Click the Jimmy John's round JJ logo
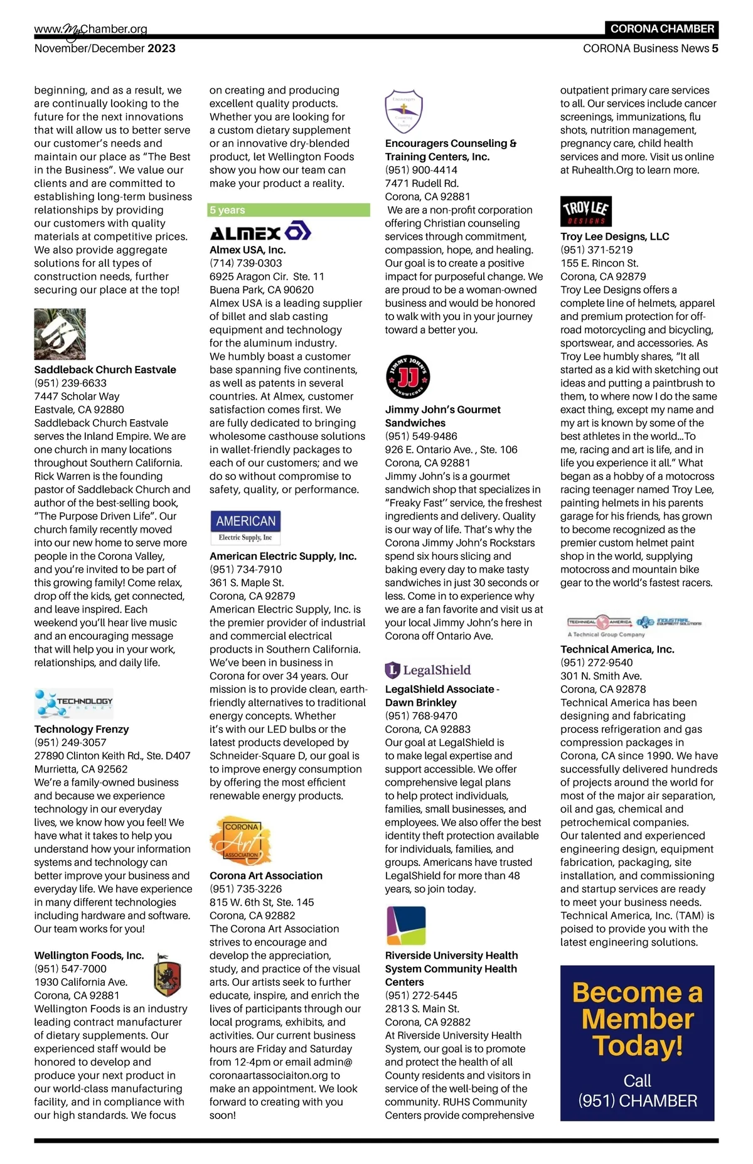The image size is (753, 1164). click(407, 377)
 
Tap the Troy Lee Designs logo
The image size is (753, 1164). click(585, 211)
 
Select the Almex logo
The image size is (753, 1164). click(260, 232)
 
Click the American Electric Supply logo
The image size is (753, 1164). click(245, 527)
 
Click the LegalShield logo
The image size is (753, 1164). click(427, 670)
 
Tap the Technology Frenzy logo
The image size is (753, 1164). click(74, 703)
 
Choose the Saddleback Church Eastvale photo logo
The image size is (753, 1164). click(60, 334)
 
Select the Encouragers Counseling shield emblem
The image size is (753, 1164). click(403, 111)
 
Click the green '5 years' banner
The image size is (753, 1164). click(289, 210)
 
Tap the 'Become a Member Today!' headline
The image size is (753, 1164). click(637, 1019)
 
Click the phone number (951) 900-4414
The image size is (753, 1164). click(421, 170)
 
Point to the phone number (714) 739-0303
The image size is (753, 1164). click(246, 263)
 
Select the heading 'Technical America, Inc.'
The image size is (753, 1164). click(617, 649)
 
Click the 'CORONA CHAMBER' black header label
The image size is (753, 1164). click(662, 29)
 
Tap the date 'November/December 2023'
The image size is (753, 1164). click(105, 48)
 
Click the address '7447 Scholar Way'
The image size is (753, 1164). click(77, 396)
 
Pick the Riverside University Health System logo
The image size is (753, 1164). click(405, 926)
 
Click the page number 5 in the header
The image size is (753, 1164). click(715, 48)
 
